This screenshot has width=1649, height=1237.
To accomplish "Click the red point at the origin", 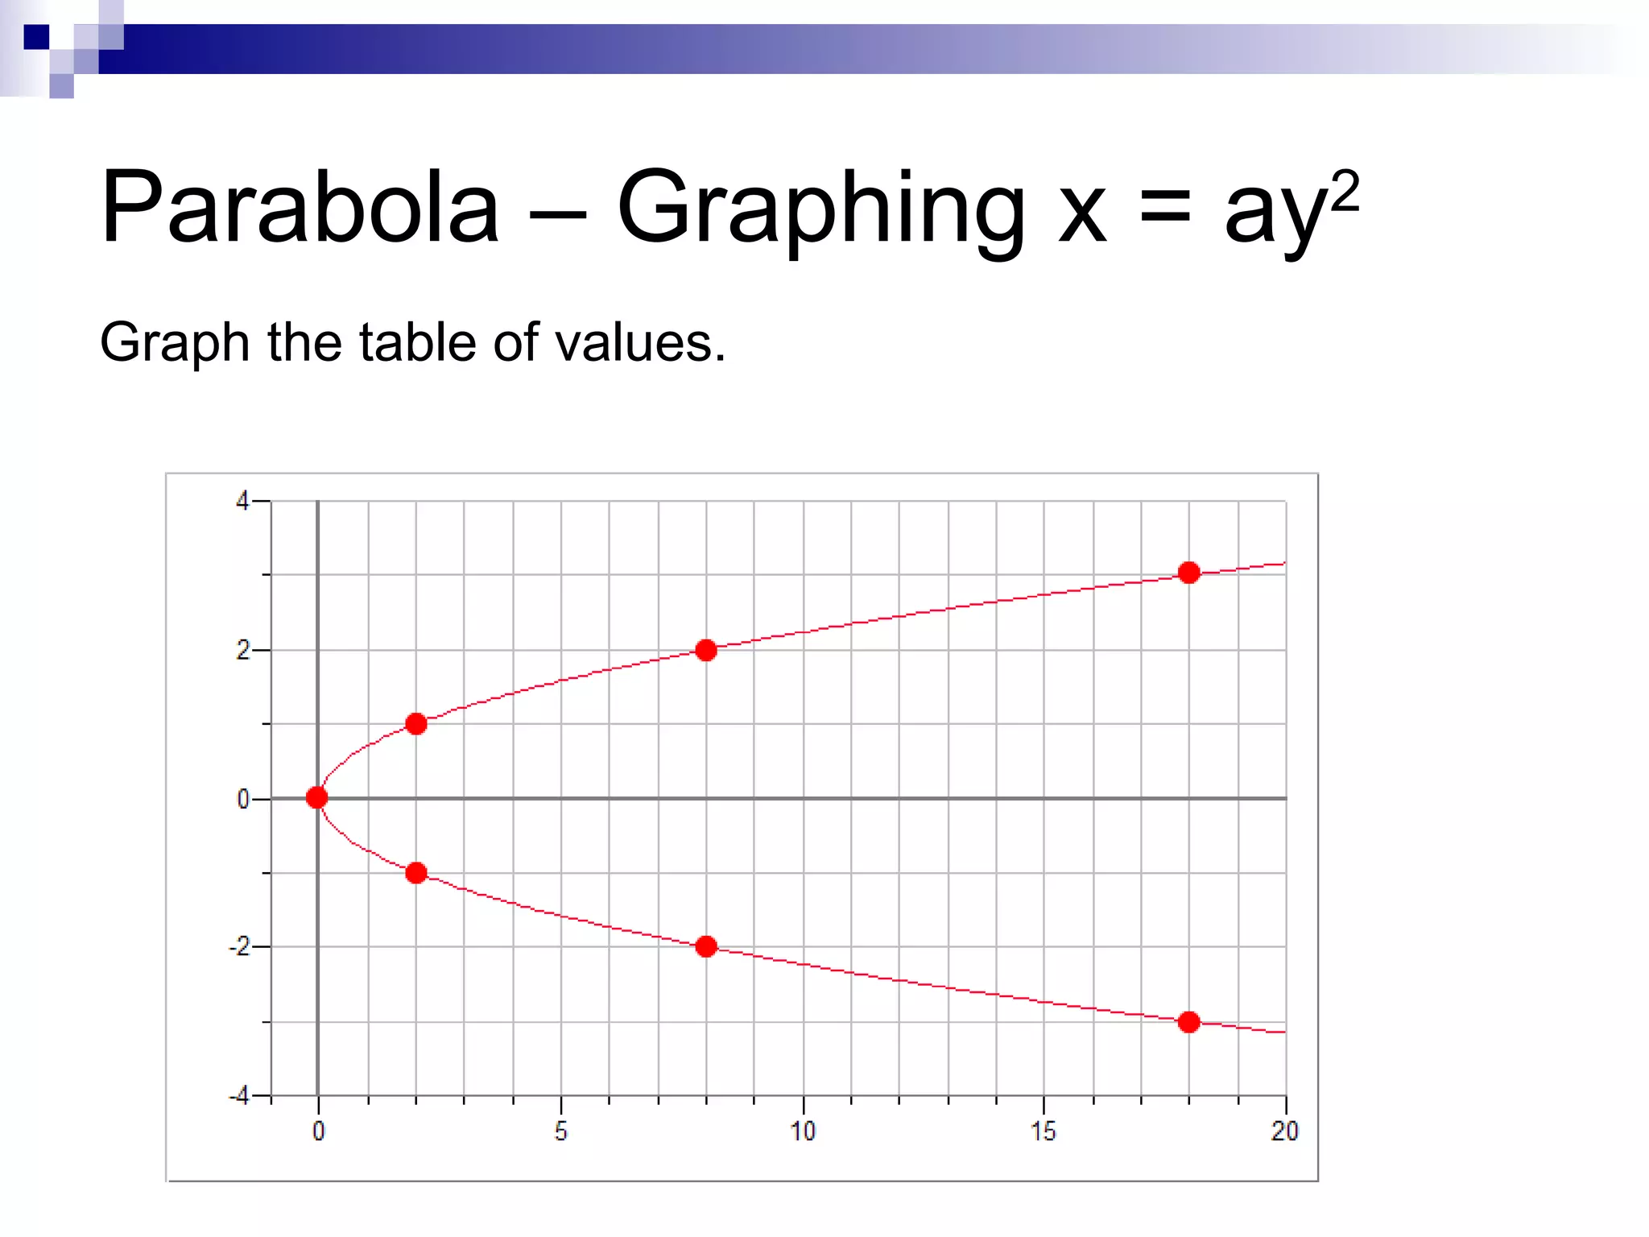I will click(x=317, y=797).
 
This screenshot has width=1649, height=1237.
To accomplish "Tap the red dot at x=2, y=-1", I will click(x=415, y=872).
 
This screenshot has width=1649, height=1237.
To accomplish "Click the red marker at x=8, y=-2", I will click(x=706, y=946).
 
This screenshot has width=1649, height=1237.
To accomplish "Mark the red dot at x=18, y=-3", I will click(x=1188, y=1022).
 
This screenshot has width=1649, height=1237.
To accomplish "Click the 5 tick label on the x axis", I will click(x=560, y=1132).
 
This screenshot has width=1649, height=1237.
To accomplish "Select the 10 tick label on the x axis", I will click(x=803, y=1132).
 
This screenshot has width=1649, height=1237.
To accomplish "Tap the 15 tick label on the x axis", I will click(x=1044, y=1132).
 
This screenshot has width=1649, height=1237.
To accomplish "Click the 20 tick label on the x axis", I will click(x=1284, y=1132).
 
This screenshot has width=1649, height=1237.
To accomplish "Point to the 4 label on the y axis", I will click(x=242, y=502).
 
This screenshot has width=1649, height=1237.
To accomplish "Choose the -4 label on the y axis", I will click(x=239, y=1096).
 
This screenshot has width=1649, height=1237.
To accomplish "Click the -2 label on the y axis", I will click(x=239, y=947).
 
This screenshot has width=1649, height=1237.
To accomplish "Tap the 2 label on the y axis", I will click(x=242, y=651).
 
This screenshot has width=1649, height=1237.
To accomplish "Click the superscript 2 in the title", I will click(x=1345, y=190).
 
